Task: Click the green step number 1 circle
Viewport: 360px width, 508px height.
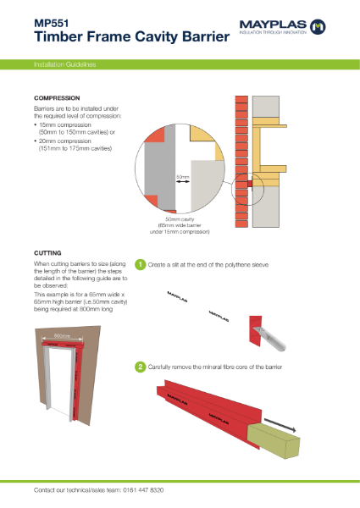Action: (x=141, y=265)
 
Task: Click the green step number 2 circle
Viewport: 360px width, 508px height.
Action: (x=141, y=367)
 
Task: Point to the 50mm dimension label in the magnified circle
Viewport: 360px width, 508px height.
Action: (x=182, y=177)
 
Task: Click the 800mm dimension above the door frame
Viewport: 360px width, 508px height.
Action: (x=61, y=336)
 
